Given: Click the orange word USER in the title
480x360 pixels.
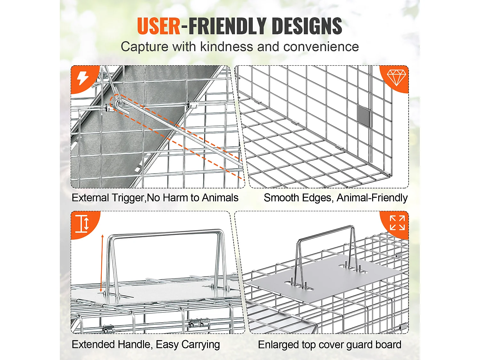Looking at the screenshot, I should (159, 26).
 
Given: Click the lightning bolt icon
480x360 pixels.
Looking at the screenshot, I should (83, 78).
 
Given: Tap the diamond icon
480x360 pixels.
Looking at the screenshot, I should (396, 77).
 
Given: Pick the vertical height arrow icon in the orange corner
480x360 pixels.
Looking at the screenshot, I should (82, 223).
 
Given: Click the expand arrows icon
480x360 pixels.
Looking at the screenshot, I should (397, 223).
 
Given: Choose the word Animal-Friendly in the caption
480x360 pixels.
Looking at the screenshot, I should (372, 198).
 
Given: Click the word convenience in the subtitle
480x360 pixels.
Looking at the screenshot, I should (321, 47).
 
